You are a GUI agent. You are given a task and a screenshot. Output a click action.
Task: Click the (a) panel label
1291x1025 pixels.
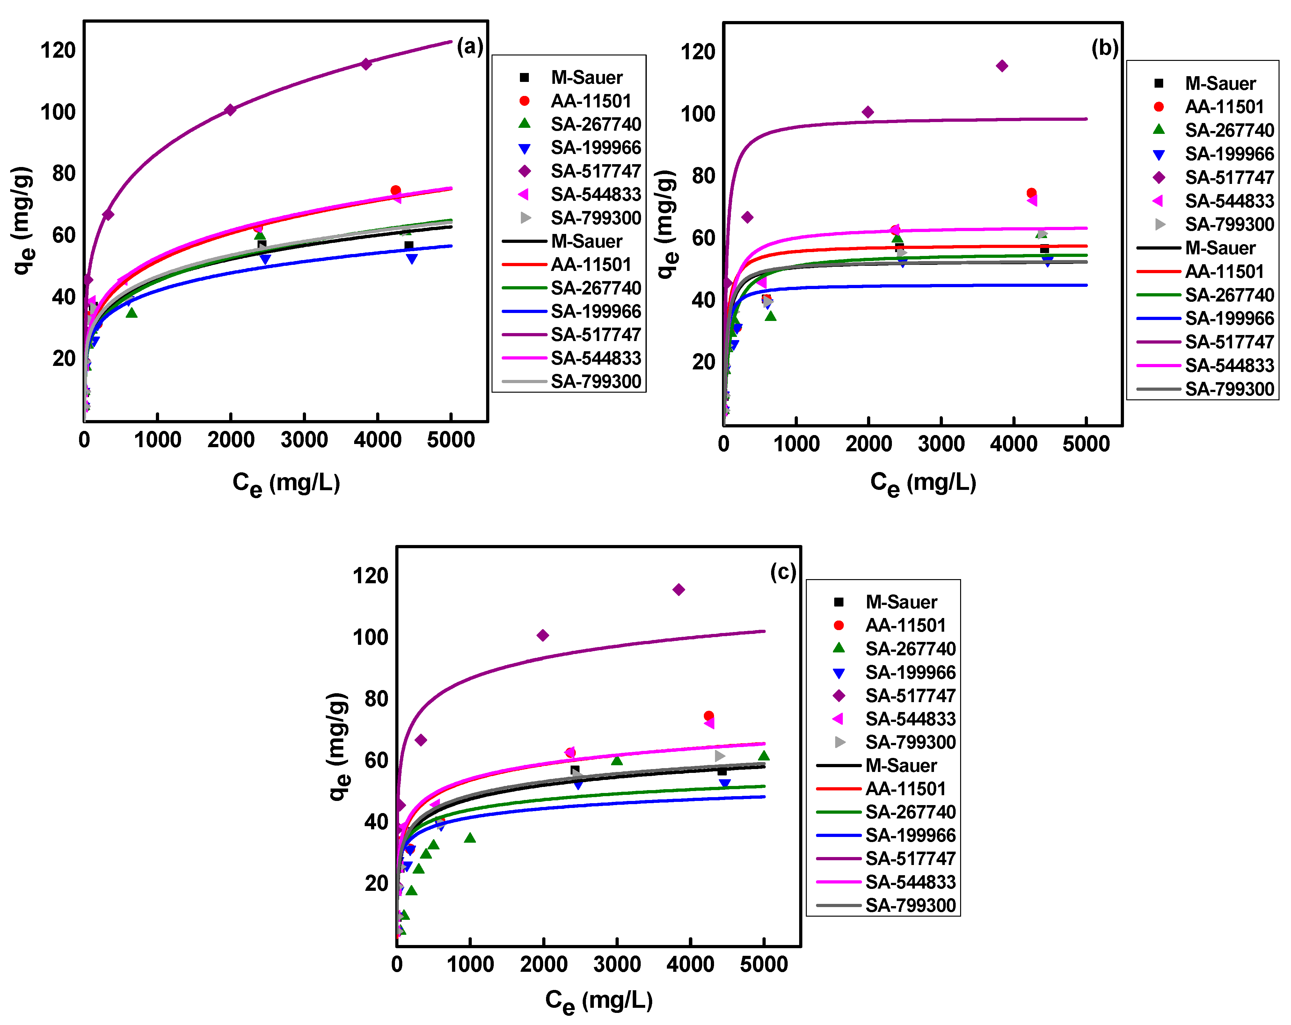(470, 46)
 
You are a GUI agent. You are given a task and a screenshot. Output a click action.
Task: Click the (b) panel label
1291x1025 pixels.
(1105, 48)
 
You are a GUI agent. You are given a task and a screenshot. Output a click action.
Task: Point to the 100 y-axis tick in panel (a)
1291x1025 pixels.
(58, 112)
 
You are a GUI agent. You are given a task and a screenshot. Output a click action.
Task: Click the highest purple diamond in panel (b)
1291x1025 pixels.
(1002, 66)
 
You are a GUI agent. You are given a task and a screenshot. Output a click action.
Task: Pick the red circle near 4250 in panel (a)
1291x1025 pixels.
(395, 190)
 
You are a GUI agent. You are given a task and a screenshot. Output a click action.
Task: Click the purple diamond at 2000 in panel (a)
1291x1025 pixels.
(230, 110)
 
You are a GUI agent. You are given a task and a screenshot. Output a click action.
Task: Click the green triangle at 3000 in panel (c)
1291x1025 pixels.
(617, 760)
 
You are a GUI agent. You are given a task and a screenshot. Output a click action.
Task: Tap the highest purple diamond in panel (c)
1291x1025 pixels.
(678, 590)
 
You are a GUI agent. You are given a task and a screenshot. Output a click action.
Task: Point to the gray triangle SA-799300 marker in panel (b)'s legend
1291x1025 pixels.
(1160, 224)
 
